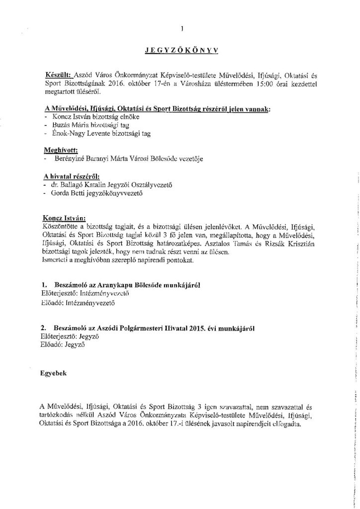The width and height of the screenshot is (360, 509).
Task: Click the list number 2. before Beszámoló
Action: (45, 329)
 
